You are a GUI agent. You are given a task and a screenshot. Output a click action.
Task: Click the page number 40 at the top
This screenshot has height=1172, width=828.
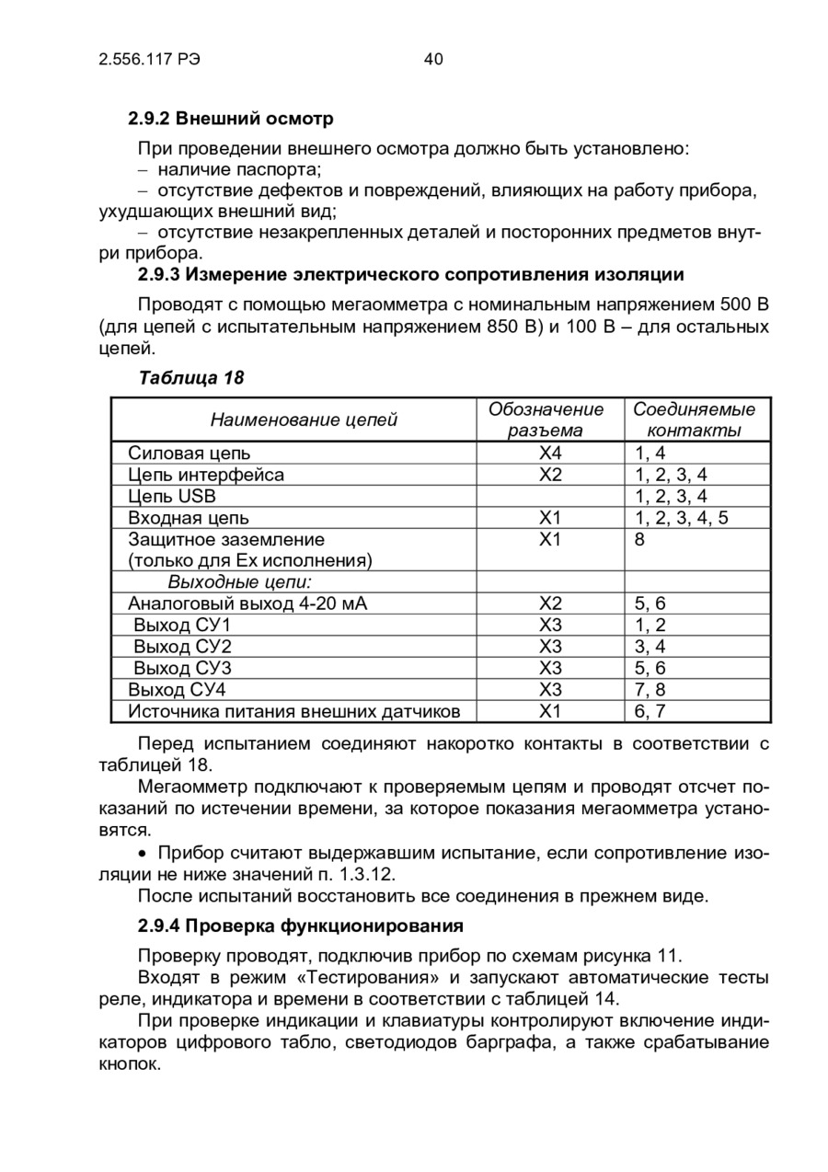(433, 60)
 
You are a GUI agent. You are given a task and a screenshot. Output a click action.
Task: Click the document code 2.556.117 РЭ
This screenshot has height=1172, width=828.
(149, 60)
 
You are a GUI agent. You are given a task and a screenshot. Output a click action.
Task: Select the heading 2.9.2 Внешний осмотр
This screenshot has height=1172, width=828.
(230, 119)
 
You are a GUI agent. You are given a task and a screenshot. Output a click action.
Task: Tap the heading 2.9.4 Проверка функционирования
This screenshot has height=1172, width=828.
(300, 924)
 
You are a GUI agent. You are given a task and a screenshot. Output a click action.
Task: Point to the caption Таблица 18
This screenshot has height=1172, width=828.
(191, 377)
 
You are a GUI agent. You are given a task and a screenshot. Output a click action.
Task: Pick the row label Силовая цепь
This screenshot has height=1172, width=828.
(189, 453)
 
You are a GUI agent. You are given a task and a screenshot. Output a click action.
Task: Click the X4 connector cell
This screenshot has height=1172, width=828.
(549, 453)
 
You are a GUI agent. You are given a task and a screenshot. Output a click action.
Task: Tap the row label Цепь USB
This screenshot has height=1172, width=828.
(172, 496)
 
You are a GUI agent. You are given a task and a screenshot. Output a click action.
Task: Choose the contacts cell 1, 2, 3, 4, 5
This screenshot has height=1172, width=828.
(681, 518)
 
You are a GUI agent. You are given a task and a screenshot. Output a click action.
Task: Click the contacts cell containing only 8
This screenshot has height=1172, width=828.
(639, 539)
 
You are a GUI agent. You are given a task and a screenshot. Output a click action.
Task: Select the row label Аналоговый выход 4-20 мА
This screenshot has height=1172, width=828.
(253, 603)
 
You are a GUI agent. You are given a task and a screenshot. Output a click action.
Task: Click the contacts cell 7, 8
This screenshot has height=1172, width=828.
(650, 689)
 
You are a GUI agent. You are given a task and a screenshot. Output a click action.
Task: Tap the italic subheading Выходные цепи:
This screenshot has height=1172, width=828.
(239, 582)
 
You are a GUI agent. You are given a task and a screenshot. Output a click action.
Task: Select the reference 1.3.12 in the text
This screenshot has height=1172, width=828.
(366, 874)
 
